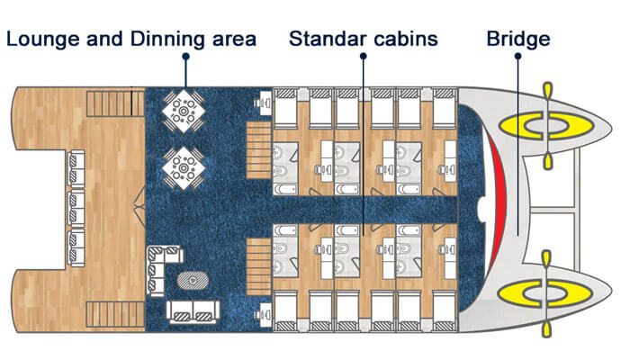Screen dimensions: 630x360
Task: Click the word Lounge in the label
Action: click(x=44, y=40)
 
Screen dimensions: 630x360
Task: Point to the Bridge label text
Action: click(x=518, y=40)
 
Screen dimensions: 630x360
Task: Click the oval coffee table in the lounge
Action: click(x=193, y=280)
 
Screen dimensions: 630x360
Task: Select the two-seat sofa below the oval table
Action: click(x=193, y=311)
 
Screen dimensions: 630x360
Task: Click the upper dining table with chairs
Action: click(x=184, y=111)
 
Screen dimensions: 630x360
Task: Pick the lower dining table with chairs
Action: click(x=184, y=168)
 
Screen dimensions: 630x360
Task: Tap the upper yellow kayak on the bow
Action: click(x=546, y=126)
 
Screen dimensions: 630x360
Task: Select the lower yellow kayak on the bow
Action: click(x=545, y=293)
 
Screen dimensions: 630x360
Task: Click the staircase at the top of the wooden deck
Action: click(x=115, y=103)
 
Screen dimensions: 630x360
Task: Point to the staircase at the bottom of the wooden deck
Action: click(x=115, y=314)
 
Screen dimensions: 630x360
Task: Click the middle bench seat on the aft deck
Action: click(x=76, y=209)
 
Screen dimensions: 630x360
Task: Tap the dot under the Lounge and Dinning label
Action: click(x=185, y=57)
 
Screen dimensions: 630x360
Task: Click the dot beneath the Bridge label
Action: click(x=517, y=56)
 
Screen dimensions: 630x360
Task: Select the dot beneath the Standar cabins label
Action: click(x=364, y=56)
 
